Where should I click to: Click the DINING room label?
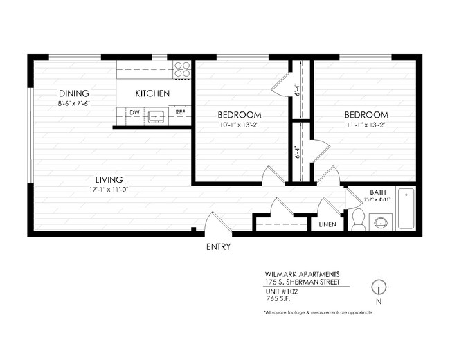[x=74, y=93]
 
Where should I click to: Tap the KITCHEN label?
[x=152, y=93]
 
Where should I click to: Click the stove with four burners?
[x=182, y=69]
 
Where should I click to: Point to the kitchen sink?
[x=156, y=116]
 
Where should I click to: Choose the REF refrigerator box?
[x=180, y=111]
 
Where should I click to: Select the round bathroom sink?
[x=380, y=223]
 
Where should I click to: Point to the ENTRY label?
[x=219, y=247]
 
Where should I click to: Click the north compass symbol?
[x=379, y=287]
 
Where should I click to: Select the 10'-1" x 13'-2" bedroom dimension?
[x=239, y=125]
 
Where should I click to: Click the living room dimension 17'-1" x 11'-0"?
[x=109, y=189]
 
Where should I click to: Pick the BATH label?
[x=377, y=192]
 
